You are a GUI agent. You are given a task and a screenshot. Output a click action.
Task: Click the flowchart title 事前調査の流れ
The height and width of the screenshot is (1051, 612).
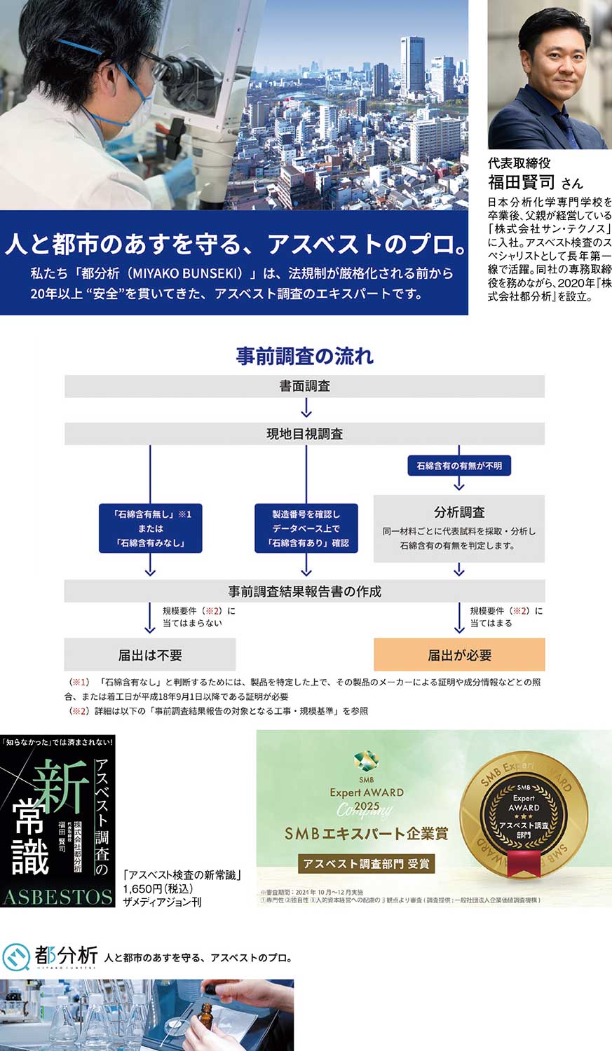point(304,356)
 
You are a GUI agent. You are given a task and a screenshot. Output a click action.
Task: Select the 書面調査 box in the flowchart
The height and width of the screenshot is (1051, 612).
point(304,386)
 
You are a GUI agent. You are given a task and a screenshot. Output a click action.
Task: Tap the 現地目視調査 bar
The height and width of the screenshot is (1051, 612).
point(304,434)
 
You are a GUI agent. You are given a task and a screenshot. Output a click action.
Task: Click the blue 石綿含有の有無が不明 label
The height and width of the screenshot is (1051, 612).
point(459,466)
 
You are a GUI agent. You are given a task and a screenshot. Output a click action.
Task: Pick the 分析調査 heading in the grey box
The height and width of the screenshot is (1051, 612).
point(459,512)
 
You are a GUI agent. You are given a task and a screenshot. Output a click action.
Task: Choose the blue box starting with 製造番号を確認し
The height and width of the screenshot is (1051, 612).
point(306,528)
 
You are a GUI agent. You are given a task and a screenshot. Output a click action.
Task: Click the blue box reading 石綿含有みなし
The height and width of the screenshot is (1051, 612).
point(150,528)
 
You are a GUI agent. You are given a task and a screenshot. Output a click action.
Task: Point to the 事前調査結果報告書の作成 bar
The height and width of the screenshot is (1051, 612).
point(304,591)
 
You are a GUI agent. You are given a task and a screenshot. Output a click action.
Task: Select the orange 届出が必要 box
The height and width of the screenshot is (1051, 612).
point(459,655)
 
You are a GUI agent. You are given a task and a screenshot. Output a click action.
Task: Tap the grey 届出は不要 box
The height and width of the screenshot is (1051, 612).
point(150,655)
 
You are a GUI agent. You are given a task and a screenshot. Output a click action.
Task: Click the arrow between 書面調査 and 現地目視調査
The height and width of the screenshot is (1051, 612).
point(306,408)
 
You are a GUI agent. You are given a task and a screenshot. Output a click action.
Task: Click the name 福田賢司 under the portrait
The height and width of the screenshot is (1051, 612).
point(522,182)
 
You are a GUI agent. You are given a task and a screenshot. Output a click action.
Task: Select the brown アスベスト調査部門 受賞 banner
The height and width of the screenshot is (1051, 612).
point(367,864)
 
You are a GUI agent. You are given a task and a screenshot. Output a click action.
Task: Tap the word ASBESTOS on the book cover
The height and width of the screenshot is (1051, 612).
point(57,896)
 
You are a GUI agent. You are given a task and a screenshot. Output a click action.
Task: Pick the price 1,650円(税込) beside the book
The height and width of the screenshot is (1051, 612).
point(158,888)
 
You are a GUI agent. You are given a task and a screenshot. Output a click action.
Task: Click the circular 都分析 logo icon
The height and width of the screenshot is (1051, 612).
point(15,957)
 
